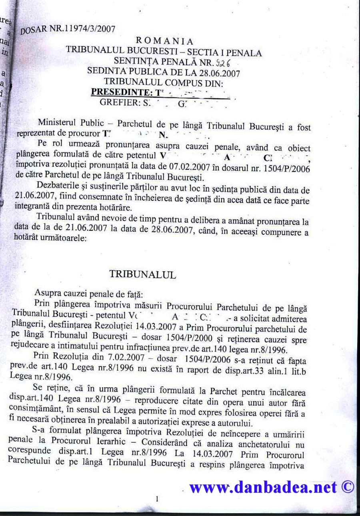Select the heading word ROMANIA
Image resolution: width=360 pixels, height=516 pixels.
[x=165, y=41]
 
